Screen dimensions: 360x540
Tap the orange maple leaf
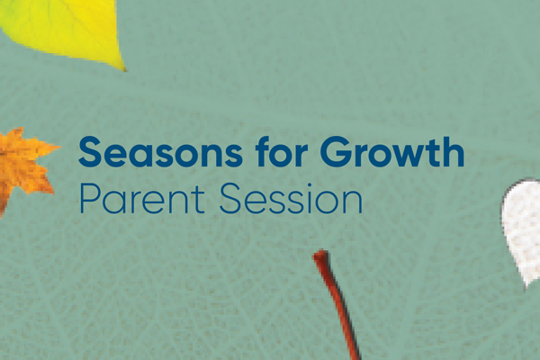pyautogui.click(x=22, y=166)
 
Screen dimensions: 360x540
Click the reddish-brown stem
pyautogui.click(x=338, y=306)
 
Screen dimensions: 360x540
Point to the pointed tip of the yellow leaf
pyautogui.click(x=122, y=69)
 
